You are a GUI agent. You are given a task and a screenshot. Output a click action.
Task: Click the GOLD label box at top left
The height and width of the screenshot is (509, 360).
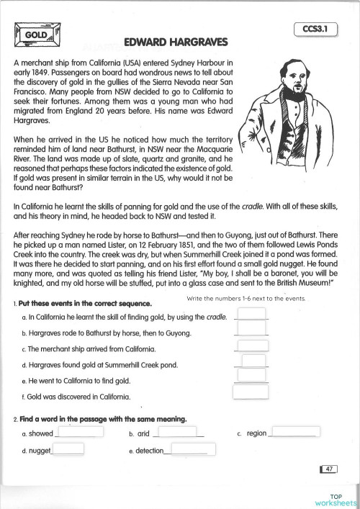click(34, 33)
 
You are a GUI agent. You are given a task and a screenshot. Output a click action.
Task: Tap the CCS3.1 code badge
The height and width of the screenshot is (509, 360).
click(317, 30)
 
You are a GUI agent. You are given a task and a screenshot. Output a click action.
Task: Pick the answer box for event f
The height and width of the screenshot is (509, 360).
click(250, 392)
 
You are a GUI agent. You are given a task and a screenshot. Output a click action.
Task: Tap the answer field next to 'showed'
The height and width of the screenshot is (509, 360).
click(75, 433)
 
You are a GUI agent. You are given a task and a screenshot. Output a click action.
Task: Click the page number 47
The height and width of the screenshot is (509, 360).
click(328, 469)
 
